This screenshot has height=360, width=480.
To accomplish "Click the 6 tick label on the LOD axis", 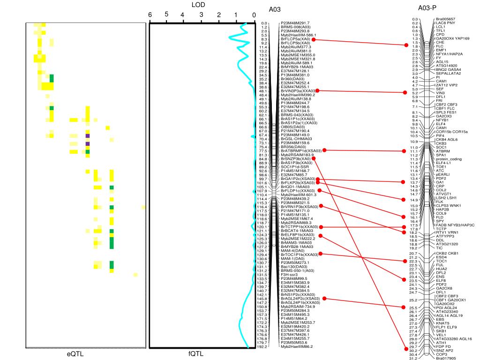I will pyautogui.click(x=150, y=15).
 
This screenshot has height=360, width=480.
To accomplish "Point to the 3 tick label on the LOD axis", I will pyautogui.click(x=201, y=15).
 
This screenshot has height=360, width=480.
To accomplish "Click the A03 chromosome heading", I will pyautogui.click(x=275, y=9).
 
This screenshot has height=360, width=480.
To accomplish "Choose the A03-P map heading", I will pyautogui.click(x=427, y=8).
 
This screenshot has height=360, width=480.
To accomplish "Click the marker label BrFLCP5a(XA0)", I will pyautogui.click(x=295, y=39).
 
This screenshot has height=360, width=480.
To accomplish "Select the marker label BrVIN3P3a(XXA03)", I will pyautogui.click(x=298, y=90).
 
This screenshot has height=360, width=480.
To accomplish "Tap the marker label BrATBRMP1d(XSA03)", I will pyautogui.click(x=301, y=150).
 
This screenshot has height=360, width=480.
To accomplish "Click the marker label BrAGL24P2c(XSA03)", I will pyautogui.click(x=300, y=299).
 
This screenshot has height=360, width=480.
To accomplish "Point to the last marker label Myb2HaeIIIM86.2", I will pyautogui.click(x=297, y=347).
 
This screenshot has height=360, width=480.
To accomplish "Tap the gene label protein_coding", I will pyautogui.click(x=449, y=159).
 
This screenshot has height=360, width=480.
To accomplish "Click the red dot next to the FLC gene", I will pyautogui.click(x=406, y=45).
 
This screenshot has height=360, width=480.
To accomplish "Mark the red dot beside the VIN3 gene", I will pyautogui.click(x=406, y=93).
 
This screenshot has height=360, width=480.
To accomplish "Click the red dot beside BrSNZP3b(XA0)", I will pyautogui.click(x=314, y=159).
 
